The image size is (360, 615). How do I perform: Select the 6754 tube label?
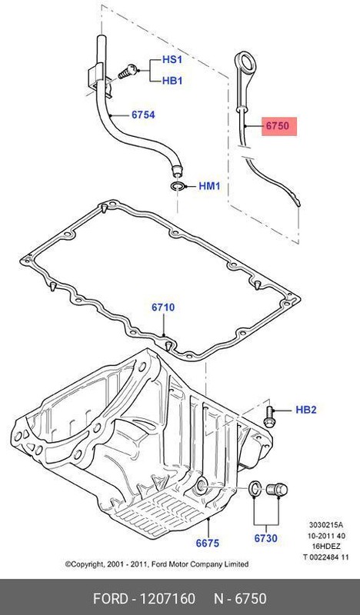[x=142, y=115]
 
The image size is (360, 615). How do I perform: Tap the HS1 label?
[x=172, y=59]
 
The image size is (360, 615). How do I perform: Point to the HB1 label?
[x=172, y=79]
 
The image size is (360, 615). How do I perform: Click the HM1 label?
[x=210, y=186]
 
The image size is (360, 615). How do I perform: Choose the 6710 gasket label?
[x=162, y=307]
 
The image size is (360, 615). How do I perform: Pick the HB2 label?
[x=306, y=410]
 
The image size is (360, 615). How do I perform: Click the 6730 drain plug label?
[x=265, y=539]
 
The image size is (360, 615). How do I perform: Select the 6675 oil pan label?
[x=207, y=543]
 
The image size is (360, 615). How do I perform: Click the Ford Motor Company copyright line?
[x=157, y=563]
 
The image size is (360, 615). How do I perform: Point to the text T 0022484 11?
[x=325, y=557]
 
